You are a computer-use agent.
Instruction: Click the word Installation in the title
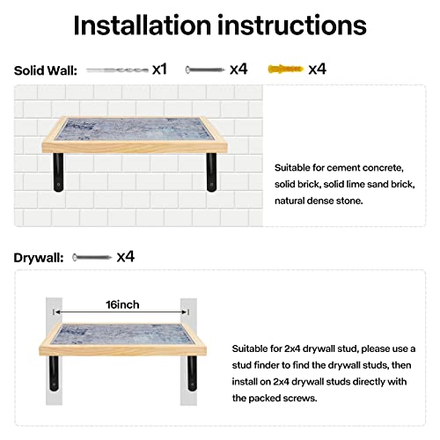click(x=143, y=26)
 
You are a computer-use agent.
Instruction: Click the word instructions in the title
click(x=292, y=26)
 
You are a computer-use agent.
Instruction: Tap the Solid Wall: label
click(x=46, y=70)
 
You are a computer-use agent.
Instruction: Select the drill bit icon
click(x=117, y=70)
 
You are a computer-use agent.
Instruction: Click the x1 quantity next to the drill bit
click(x=159, y=70)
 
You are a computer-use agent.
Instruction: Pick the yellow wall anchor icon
click(x=286, y=70)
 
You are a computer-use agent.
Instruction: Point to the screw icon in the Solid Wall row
click(x=205, y=70)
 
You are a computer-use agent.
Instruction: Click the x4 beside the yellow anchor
click(x=317, y=70)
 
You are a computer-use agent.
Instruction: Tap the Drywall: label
click(x=39, y=258)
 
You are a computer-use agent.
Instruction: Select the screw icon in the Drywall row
click(x=92, y=258)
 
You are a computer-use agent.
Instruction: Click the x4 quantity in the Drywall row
click(x=126, y=257)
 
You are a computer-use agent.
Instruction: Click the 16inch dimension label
click(x=122, y=304)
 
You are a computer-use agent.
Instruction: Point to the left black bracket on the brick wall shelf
click(x=58, y=172)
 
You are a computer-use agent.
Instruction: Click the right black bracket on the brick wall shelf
click(x=211, y=172)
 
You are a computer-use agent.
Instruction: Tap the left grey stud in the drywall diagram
click(x=54, y=351)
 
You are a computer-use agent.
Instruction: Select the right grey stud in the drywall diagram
click(x=188, y=351)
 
